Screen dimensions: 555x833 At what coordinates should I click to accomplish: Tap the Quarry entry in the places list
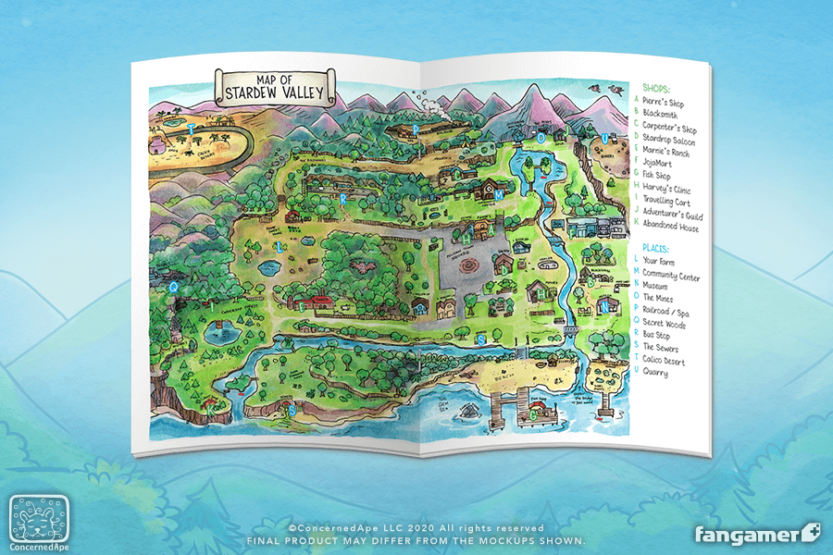click(657, 374)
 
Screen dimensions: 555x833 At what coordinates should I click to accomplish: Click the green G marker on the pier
click(531, 413)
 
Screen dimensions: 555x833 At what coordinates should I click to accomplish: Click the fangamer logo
click(757, 535)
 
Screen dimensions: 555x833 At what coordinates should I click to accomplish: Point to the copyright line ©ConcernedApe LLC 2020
click(416, 527)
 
